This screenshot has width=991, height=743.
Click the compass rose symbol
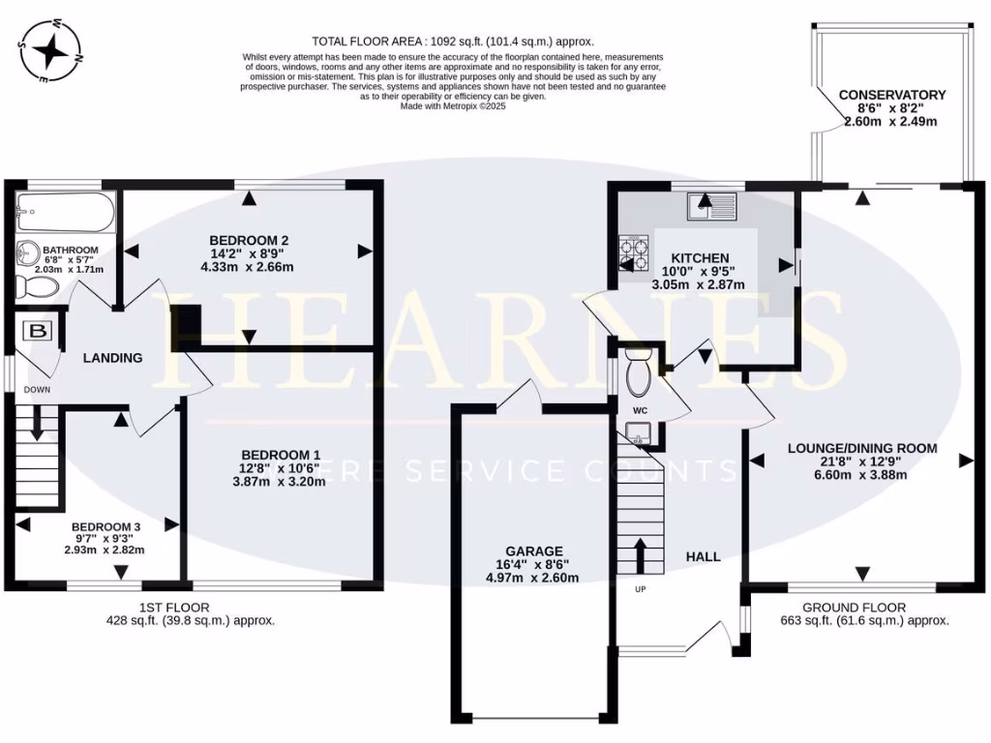coord(47,47)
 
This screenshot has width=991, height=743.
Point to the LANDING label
coord(112,358)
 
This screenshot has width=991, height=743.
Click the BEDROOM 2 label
coord(250,240)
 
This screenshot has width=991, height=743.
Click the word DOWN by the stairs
coord(38,389)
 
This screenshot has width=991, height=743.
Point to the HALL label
coord(703,556)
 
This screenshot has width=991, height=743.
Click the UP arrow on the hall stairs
coord(639,556)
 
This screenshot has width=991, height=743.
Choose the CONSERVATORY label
coord(891,95)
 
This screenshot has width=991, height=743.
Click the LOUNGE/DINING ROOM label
coord(861,448)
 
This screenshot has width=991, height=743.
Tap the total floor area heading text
coord(452,42)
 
